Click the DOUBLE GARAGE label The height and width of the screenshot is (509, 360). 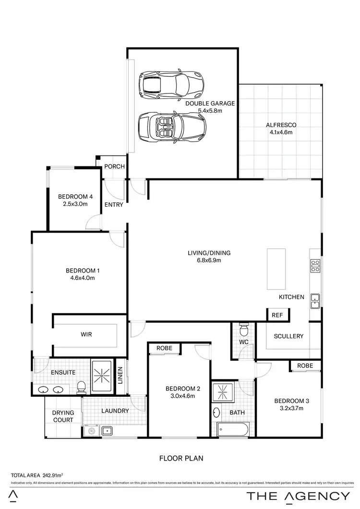pyautogui.click(x=210, y=103)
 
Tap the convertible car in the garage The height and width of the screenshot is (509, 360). pyautogui.click(x=172, y=127)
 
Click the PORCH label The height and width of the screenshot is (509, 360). pyautogui.click(x=115, y=166)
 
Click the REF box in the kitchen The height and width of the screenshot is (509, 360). pyautogui.click(x=277, y=315)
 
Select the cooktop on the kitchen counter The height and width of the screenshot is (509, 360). pyautogui.click(x=315, y=266)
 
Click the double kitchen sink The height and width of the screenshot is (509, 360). pyautogui.click(x=315, y=300)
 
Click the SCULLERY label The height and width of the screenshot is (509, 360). pyautogui.click(x=288, y=336)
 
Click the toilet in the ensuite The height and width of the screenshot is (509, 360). pyautogui.click(x=82, y=387)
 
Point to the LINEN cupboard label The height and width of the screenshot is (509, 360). pyautogui.click(x=120, y=375)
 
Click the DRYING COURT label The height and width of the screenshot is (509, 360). pyautogui.click(x=63, y=416)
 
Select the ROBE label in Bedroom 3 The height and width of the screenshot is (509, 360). pyautogui.click(x=305, y=365)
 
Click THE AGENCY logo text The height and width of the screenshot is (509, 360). pyautogui.click(x=298, y=496)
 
